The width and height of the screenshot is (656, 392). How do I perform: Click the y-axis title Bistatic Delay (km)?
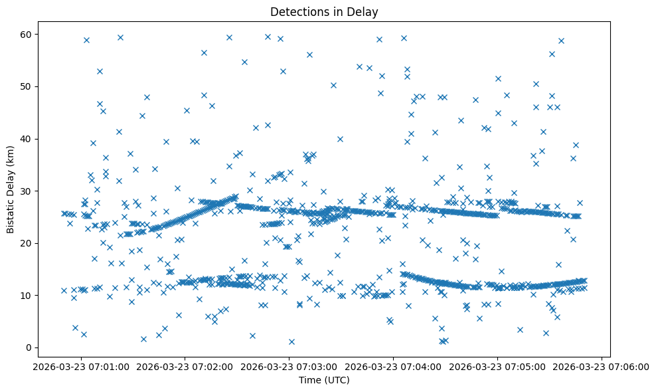(x=11, y=189)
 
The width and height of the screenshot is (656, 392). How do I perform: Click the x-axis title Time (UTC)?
(x=324, y=380)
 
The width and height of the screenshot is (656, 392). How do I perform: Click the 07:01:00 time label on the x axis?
(x=81, y=366)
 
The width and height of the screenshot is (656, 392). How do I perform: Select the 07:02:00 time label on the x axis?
(x=185, y=366)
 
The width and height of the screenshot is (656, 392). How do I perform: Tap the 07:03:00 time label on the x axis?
(x=289, y=366)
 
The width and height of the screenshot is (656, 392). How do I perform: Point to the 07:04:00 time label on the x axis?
(x=394, y=366)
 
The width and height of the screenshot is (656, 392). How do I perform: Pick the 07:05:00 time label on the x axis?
(x=498, y=366)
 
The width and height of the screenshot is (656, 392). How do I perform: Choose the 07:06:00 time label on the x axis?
(x=602, y=366)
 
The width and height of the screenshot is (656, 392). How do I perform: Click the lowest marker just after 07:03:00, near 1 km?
(x=291, y=342)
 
